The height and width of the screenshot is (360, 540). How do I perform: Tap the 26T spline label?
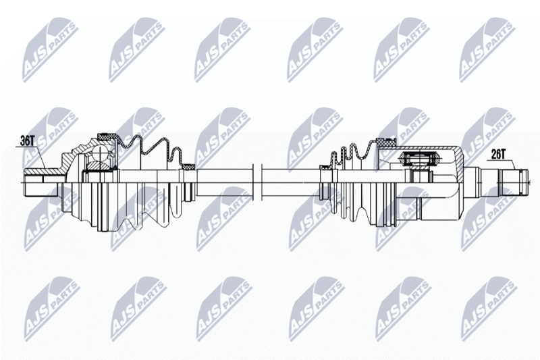coord(498,155)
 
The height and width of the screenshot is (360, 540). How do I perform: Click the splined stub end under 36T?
coord(40,182)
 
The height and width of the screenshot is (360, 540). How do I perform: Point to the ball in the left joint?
coord(100,153)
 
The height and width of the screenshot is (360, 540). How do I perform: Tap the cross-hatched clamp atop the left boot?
coord(108,136)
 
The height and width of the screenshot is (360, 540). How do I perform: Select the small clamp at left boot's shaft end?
coord(188,167)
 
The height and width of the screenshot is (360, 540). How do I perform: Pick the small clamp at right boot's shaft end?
coord(325,168)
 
